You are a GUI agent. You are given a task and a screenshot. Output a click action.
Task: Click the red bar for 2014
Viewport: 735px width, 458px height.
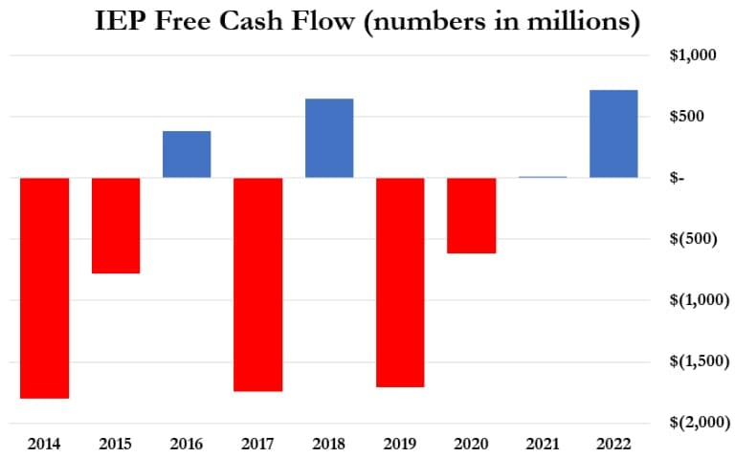point(44,287)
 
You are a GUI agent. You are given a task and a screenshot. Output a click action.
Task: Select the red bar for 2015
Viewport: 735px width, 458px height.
point(115,226)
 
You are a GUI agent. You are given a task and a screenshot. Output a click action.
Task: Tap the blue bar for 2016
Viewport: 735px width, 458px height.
point(187,154)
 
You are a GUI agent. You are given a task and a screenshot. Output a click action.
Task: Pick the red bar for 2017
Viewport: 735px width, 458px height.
point(257,284)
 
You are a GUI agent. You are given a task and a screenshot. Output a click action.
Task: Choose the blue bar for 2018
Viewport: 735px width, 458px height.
point(329,138)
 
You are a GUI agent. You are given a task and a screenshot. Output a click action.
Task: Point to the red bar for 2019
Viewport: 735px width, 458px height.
point(400,282)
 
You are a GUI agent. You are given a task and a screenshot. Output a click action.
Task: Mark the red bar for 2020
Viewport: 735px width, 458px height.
point(471,215)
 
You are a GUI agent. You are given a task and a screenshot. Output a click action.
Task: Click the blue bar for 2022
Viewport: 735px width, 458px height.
point(613,134)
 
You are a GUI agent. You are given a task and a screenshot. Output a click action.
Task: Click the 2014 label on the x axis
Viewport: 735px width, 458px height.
point(44,443)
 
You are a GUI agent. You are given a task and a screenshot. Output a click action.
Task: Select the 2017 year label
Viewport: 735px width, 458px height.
point(257,443)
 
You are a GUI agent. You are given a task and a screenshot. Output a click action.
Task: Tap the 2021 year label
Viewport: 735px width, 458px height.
point(543,443)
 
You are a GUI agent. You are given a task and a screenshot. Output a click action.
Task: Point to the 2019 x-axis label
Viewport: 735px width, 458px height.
point(400,443)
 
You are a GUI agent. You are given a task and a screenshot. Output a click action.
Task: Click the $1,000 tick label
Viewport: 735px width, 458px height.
point(692,55)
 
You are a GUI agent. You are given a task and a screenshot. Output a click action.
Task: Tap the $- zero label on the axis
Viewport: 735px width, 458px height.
point(678,178)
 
